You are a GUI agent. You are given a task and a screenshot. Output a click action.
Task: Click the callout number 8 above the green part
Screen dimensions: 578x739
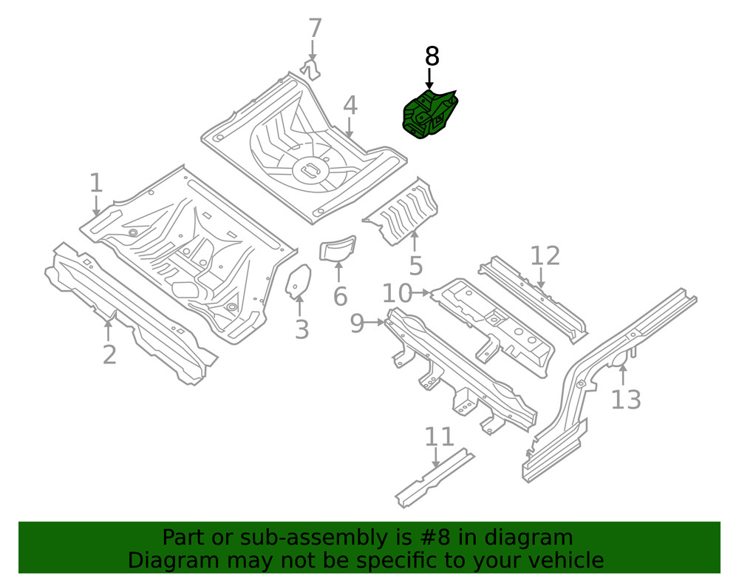432,56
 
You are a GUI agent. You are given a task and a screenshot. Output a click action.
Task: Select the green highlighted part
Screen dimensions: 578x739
429,113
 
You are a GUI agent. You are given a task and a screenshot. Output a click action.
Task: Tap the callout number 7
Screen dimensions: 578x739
315,29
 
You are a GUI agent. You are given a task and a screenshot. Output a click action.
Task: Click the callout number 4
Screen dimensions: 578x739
350,106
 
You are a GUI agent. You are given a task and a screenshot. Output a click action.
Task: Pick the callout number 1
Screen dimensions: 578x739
95,183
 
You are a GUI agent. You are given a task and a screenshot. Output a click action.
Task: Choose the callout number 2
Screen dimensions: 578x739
109,354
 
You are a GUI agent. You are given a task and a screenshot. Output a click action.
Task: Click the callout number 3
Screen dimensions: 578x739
302,329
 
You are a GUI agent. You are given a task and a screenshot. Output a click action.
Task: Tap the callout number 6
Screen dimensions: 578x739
340,296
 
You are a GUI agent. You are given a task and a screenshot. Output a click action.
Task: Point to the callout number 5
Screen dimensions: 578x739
415,265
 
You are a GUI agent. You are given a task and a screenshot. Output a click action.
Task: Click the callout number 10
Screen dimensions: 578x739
397,294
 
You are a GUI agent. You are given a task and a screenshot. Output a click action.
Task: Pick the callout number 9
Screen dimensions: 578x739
358,323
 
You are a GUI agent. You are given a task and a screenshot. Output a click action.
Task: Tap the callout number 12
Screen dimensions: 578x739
545,256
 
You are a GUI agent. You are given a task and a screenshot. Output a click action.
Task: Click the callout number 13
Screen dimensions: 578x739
625,400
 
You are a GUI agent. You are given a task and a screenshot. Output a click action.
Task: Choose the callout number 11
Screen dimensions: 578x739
439,437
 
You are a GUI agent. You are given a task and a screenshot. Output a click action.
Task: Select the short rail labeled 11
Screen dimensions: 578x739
435,479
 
